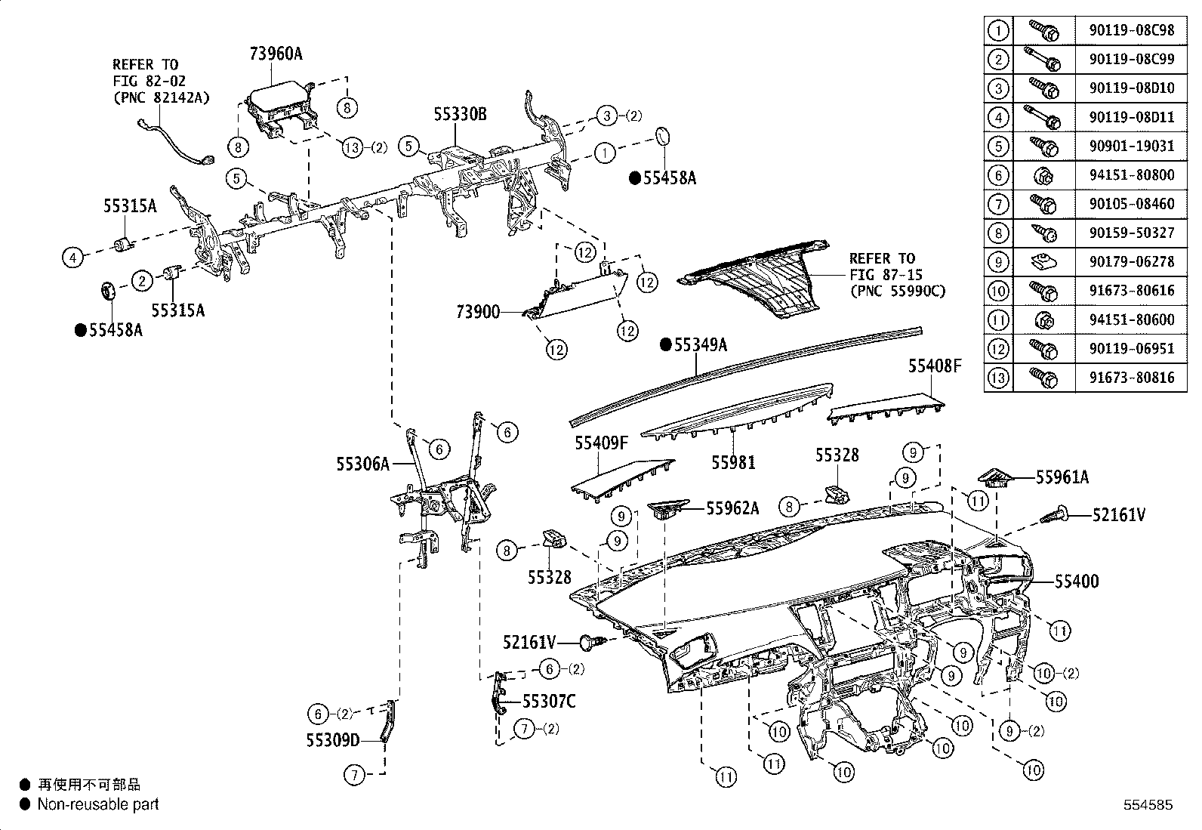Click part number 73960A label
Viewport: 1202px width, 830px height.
coord(276,53)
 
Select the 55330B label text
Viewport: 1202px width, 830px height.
coord(460,115)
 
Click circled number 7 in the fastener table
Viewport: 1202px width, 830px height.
coord(998,204)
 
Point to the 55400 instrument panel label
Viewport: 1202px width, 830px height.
coord(1076,582)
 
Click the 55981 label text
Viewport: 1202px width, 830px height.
coord(733,462)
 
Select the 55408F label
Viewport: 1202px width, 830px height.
coord(935,366)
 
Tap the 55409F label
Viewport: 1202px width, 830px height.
coord(601,443)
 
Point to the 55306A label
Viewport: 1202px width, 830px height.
coord(362,464)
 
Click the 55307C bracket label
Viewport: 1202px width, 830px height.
coord(549,702)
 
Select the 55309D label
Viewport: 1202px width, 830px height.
coord(333,739)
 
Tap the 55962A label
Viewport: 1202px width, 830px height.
coord(732,508)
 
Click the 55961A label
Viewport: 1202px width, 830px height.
coord(1062,477)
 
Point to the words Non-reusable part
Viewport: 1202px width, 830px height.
coord(98,804)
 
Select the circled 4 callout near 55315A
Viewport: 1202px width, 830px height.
coord(72,258)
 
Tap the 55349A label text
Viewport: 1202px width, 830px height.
coord(700,344)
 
